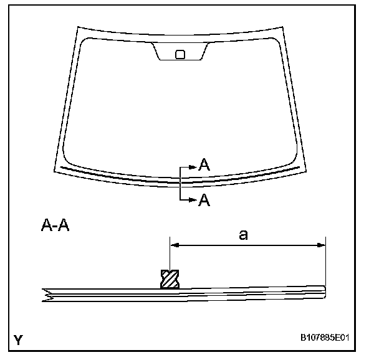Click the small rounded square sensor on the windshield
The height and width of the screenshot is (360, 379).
(x=180, y=54)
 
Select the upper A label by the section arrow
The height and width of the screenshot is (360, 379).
(x=203, y=164)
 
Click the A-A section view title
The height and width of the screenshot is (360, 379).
(x=55, y=225)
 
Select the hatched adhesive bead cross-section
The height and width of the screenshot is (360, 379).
(x=170, y=280)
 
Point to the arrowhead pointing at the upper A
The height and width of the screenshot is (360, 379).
(x=193, y=166)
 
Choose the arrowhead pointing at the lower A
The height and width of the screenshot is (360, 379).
(x=193, y=199)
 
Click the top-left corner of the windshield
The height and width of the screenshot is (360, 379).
(x=77, y=27)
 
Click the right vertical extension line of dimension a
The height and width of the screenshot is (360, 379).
(x=325, y=262)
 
